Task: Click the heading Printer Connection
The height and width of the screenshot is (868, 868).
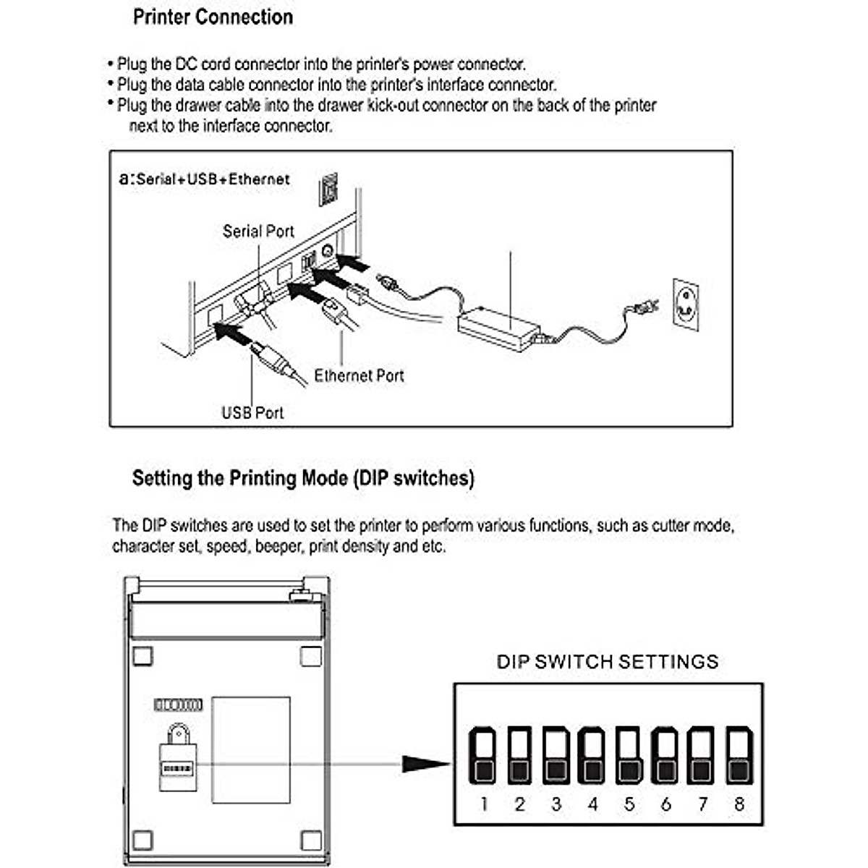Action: click(213, 17)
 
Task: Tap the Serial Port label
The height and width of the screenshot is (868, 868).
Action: click(258, 231)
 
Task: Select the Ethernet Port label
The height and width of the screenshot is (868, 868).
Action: click(359, 375)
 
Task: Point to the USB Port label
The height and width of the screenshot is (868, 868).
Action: click(252, 413)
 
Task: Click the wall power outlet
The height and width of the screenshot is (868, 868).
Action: click(686, 305)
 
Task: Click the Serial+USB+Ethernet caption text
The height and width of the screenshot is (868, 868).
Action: click(212, 179)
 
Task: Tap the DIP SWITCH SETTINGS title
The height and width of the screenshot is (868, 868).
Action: click(608, 661)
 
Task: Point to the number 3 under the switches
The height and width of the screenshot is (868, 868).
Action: click(556, 804)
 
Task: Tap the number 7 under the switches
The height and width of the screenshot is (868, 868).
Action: click(702, 804)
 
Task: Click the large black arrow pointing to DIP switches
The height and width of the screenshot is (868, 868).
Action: click(427, 763)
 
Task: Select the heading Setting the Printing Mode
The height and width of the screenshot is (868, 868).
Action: click(303, 478)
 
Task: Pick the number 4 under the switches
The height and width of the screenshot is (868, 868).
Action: click(593, 804)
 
